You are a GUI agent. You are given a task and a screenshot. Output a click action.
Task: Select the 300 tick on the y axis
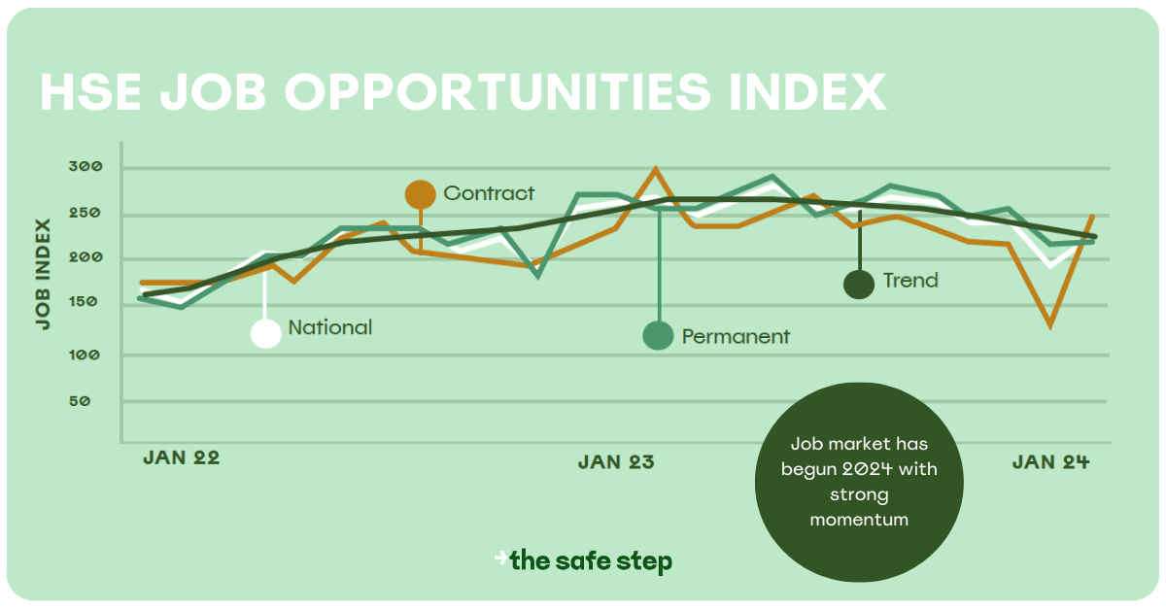[86, 167]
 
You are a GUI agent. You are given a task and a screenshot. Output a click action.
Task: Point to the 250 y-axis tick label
[86, 214]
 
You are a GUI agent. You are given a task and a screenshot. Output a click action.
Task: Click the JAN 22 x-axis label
[182, 457]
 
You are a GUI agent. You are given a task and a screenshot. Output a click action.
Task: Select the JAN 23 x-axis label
[616, 462]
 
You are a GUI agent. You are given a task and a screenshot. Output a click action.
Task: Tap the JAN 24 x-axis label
[1050, 462]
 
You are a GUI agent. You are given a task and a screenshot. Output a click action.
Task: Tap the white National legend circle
[265, 333]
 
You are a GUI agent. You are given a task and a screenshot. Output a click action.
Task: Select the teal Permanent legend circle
[659, 335]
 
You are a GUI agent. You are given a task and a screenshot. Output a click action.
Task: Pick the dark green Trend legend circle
[859, 285]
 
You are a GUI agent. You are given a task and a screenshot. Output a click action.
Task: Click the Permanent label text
[736, 337]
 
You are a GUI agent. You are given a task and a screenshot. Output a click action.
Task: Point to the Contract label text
[489, 193]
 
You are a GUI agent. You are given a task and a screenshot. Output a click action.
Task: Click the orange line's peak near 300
[656, 170]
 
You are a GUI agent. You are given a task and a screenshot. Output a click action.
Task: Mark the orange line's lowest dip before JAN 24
[1050, 325]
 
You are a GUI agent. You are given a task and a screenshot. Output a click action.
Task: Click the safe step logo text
[591, 560]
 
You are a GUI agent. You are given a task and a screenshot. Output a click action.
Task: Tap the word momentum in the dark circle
[859, 520]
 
